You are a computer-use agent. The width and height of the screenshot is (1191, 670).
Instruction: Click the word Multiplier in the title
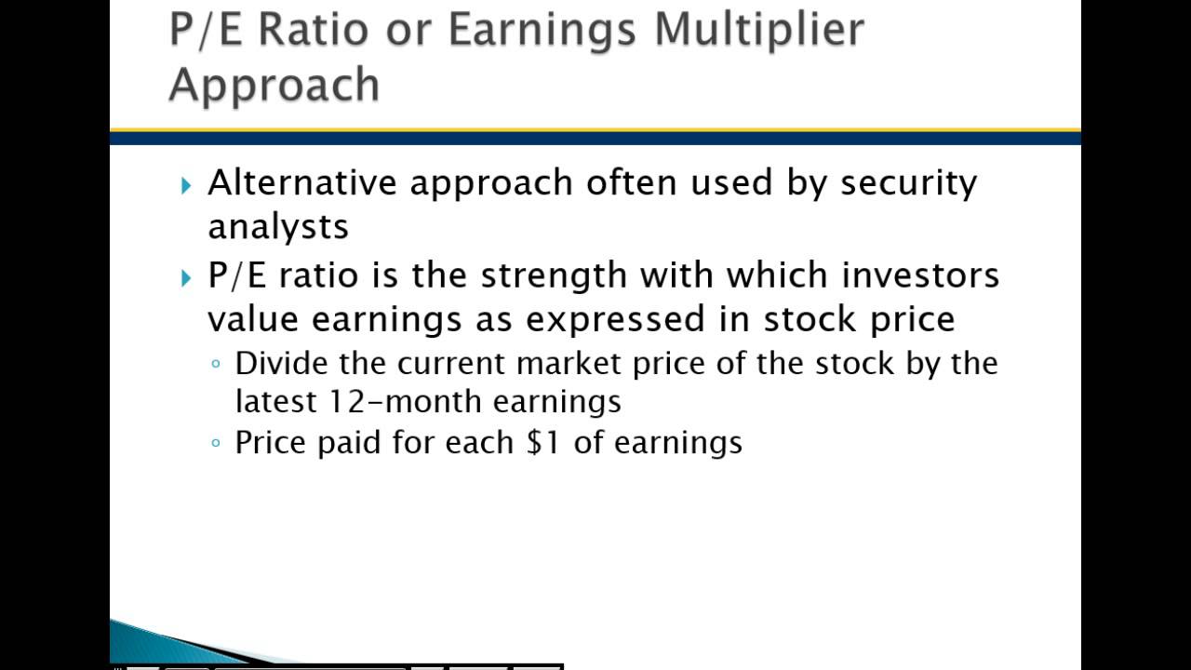(758, 30)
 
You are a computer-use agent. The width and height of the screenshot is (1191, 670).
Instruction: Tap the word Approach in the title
(274, 85)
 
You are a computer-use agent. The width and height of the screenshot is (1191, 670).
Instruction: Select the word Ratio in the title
(312, 30)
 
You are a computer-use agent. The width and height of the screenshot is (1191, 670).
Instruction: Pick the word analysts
(278, 226)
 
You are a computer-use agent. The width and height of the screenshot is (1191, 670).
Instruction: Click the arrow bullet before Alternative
(186, 184)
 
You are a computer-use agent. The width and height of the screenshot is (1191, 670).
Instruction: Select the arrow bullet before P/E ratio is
(186, 277)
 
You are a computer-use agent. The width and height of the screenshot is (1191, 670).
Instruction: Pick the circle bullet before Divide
(216, 364)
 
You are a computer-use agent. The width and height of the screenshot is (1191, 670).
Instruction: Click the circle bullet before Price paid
(216, 443)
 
